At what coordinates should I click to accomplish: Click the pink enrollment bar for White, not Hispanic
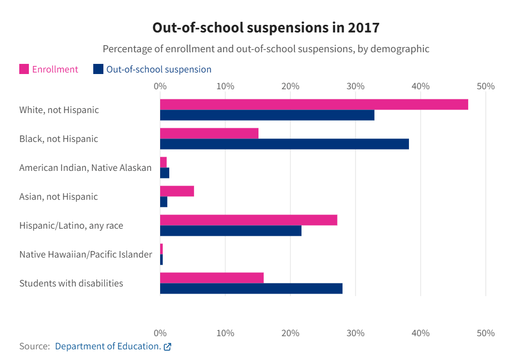314,104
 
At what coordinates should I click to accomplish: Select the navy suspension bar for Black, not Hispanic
284,144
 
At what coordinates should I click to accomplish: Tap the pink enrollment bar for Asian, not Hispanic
177,191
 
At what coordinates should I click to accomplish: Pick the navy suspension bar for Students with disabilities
251,289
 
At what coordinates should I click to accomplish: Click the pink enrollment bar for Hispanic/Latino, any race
248,220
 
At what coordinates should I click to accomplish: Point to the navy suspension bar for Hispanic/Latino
231,231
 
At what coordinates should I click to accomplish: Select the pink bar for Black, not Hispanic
209,133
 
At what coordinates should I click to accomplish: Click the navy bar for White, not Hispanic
267,115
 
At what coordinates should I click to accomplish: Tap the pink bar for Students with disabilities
211,278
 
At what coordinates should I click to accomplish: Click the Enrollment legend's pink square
24,69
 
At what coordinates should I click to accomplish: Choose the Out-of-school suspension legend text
159,69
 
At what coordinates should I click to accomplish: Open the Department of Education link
107,346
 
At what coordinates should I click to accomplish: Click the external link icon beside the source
167,347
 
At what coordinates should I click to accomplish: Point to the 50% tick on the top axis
485,86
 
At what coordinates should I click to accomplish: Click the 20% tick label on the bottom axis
290,333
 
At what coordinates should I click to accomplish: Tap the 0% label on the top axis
160,86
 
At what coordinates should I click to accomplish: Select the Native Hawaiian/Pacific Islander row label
85,255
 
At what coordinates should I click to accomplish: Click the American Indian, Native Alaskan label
85,167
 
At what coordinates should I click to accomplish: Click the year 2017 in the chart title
363,27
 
